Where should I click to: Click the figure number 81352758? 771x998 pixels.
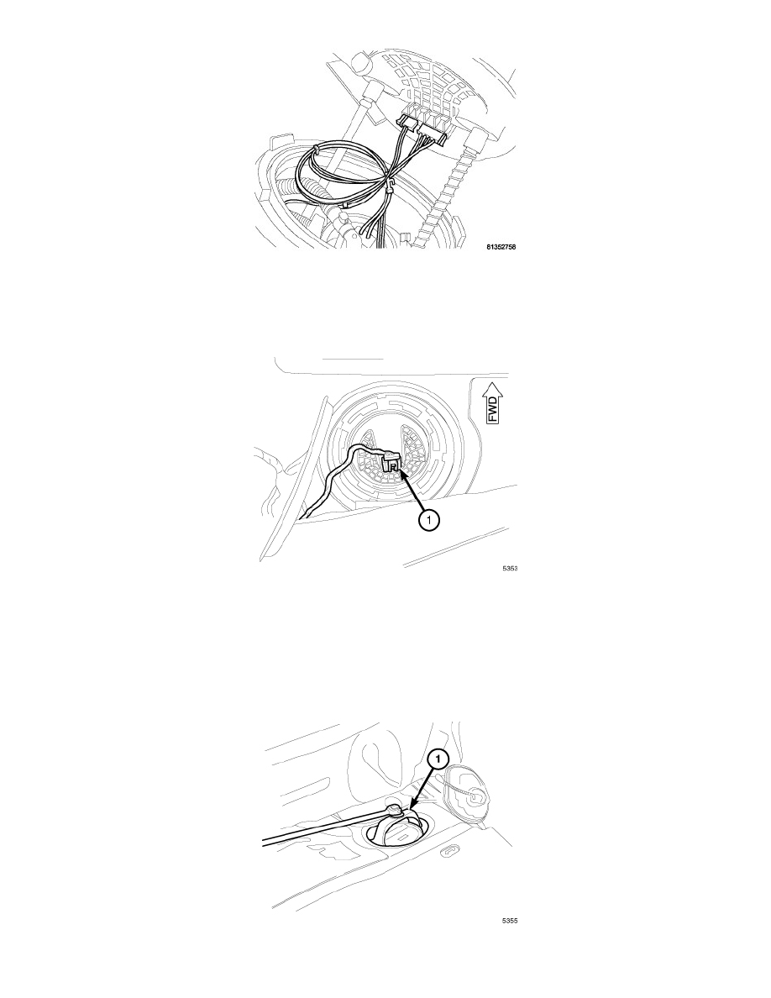[500, 246]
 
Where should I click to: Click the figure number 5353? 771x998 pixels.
[509, 568]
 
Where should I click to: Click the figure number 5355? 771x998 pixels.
[509, 921]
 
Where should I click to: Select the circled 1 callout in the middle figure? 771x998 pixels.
[428, 521]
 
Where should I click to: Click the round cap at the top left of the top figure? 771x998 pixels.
[360, 65]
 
